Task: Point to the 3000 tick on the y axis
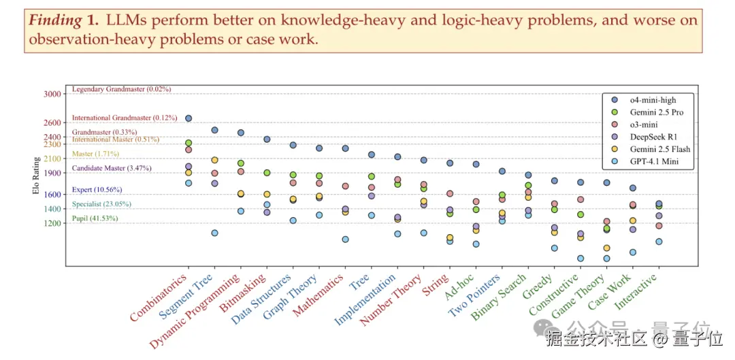pos(52,93)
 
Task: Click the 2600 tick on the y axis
pos(52,122)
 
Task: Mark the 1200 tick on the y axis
pos(52,223)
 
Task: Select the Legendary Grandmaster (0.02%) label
pos(121,89)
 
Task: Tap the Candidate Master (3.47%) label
pos(112,168)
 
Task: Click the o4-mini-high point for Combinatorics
pos(189,118)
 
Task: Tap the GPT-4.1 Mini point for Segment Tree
pos(214,233)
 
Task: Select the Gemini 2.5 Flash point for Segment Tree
pos(214,160)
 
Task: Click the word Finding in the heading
pos(55,20)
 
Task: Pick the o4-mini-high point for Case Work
pos(632,188)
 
